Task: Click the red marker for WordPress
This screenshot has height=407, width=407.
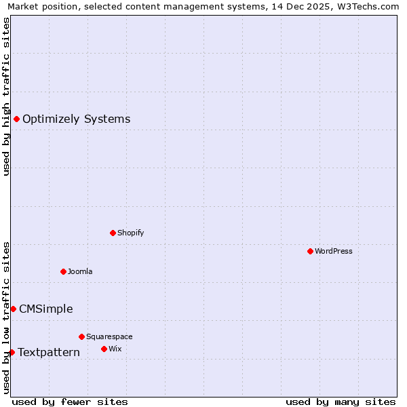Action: tap(310, 251)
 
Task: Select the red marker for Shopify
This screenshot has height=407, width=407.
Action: tap(113, 233)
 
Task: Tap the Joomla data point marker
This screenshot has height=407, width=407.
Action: tap(63, 271)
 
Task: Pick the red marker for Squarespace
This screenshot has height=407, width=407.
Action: tap(81, 336)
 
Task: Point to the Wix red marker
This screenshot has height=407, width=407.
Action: tap(104, 349)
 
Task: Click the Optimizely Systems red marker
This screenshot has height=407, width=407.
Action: tap(16, 119)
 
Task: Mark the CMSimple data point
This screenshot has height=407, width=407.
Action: tap(13, 309)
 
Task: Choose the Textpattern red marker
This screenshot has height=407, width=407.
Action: tap(12, 352)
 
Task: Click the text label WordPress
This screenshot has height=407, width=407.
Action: tap(334, 252)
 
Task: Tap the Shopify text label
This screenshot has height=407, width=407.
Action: tap(131, 233)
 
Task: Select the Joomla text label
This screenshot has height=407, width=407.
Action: tap(80, 272)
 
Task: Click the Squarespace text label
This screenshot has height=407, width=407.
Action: tap(109, 337)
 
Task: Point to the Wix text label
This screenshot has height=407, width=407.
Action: tap(115, 349)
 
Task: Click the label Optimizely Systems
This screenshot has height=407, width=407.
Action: tap(77, 119)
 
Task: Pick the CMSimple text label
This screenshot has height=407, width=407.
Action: tap(46, 309)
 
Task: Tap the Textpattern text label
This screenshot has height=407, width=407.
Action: tap(49, 353)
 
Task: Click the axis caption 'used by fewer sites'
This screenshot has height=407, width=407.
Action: tap(70, 402)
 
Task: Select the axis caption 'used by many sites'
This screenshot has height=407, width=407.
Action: tap(341, 402)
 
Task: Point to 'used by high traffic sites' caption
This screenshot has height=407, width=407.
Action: tap(7, 96)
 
